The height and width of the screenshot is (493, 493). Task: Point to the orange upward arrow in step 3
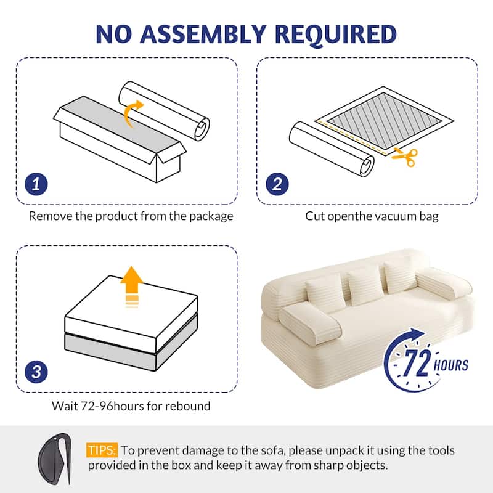(130, 285)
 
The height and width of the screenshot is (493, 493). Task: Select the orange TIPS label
(102, 450)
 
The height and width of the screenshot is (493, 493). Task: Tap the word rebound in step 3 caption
(189, 406)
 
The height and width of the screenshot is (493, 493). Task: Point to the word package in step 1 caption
(211, 216)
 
